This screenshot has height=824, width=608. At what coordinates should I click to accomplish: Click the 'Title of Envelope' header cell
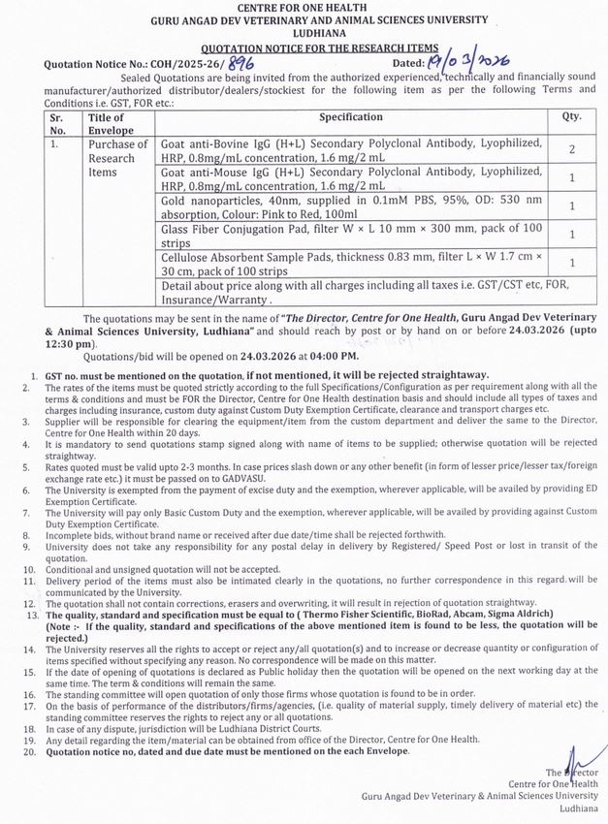coord(106,123)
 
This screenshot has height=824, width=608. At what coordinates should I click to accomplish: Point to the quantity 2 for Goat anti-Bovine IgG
coord(572,151)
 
